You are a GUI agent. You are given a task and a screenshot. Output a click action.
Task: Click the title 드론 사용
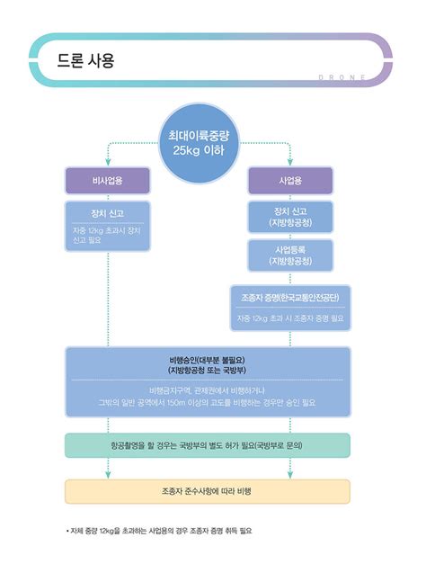click(x=86, y=60)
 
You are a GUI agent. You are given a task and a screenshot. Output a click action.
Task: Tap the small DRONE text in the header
click(x=342, y=77)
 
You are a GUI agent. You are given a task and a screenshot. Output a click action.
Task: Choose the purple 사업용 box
click(x=289, y=180)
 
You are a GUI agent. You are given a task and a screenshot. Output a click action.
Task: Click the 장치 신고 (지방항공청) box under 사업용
click(x=289, y=217)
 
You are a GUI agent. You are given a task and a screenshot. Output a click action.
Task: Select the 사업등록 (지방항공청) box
click(x=289, y=255)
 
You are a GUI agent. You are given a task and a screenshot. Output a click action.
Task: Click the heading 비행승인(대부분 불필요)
click(x=207, y=359)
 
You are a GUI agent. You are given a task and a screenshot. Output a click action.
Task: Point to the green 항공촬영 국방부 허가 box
click(x=207, y=445)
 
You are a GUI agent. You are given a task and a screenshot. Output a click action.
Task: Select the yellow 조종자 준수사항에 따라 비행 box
click(x=207, y=491)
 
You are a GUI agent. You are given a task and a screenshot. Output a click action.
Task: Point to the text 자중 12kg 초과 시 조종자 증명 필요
click(x=289, y=318)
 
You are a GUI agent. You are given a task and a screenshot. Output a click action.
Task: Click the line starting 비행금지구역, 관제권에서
click(x=207, y=389)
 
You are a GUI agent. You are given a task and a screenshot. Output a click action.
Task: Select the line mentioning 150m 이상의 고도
click(x=207, y=402)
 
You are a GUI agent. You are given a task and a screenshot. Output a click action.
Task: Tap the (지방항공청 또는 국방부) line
click(x=207, y=370)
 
